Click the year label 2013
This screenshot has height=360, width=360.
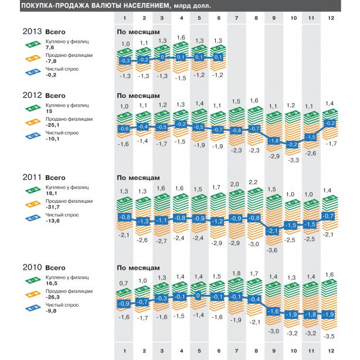point(32,32)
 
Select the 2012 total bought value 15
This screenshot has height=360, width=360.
point(49,111)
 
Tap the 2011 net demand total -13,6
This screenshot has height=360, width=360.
point(53,221)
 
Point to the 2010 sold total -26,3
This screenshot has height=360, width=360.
point(53,297)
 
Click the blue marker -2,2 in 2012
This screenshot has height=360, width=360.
point(292,145)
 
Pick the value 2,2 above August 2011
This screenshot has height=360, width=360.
point(253,182)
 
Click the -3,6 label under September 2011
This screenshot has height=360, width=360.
point(271,250)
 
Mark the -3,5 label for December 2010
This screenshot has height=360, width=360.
point(329,337)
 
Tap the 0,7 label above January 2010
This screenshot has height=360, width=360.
point(124,283)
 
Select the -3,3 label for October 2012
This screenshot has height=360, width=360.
point(293,160)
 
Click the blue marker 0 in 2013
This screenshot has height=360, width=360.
point(162,57)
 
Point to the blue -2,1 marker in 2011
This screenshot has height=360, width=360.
point(273,230)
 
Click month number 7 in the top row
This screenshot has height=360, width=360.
point(236,18)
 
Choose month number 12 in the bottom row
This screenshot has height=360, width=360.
point(331,351)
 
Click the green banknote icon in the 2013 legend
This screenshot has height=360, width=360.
point(33,45)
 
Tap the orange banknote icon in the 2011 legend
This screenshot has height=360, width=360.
point(33,204)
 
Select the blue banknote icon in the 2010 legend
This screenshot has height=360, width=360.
point(33,308)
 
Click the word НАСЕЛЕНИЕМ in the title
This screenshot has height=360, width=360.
point(147,5)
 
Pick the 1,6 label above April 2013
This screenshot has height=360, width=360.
point(181,38)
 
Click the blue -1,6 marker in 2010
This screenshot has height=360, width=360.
point(273,311)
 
